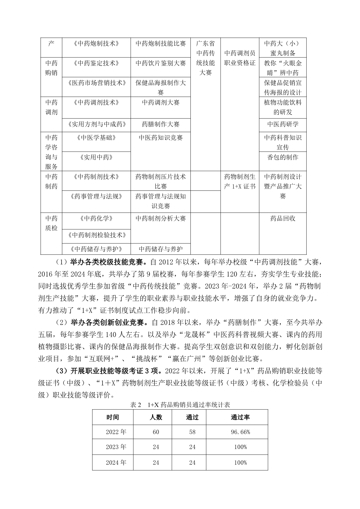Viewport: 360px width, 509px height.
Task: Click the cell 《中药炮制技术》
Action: [96, 44]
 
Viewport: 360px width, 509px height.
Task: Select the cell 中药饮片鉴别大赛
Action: [161, 63]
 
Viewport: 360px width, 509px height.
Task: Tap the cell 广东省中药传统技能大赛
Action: [206, 58]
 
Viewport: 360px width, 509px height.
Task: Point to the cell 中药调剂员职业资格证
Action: [240, 58]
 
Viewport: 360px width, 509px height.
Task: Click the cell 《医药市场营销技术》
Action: [96, 83]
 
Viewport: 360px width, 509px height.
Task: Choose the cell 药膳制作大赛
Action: [161, 124]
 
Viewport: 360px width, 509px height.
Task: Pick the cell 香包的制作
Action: [282, 157]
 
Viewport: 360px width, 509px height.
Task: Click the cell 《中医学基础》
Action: [96, 138]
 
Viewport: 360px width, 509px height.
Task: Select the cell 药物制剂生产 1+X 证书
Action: [240, 181]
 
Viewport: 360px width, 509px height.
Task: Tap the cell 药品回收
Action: [282, 218]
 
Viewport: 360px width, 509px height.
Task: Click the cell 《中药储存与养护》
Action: [96, 249]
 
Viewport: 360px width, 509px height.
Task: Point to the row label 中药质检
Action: [51, 223]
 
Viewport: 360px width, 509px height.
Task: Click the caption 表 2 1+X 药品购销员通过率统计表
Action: [180, 405]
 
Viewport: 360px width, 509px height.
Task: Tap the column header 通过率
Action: [240, 417]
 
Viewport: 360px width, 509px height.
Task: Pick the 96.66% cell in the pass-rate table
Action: [240, 432]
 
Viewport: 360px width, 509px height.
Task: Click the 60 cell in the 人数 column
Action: [156, 432]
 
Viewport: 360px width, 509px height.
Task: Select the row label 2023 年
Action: [116, 447]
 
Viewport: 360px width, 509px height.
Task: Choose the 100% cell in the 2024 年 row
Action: [240, 463]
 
